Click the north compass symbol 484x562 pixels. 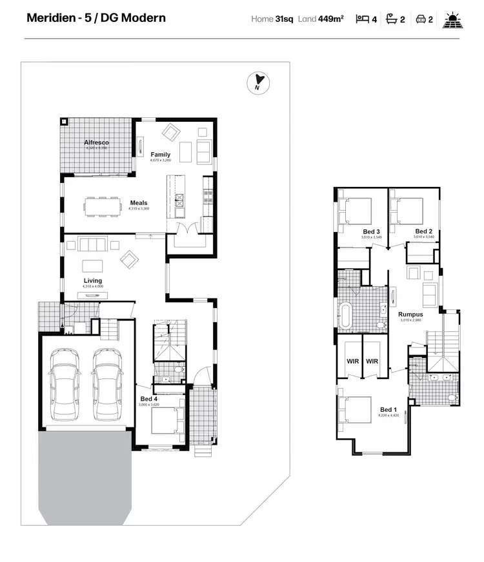click(258, 82)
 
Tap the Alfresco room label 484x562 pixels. click(96, 142)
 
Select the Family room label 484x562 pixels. click(161, 155)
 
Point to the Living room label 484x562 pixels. click(92, 280)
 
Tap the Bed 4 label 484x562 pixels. click(149, 399)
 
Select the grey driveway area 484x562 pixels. click(85, 474)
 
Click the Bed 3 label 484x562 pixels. click(371, 231)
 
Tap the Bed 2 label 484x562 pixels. click(424, 231)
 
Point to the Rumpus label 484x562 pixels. click(411, 315)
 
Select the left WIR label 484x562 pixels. click(352, 362)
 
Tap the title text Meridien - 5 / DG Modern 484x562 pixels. click(96, 17)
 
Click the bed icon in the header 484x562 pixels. click(363, 19)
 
